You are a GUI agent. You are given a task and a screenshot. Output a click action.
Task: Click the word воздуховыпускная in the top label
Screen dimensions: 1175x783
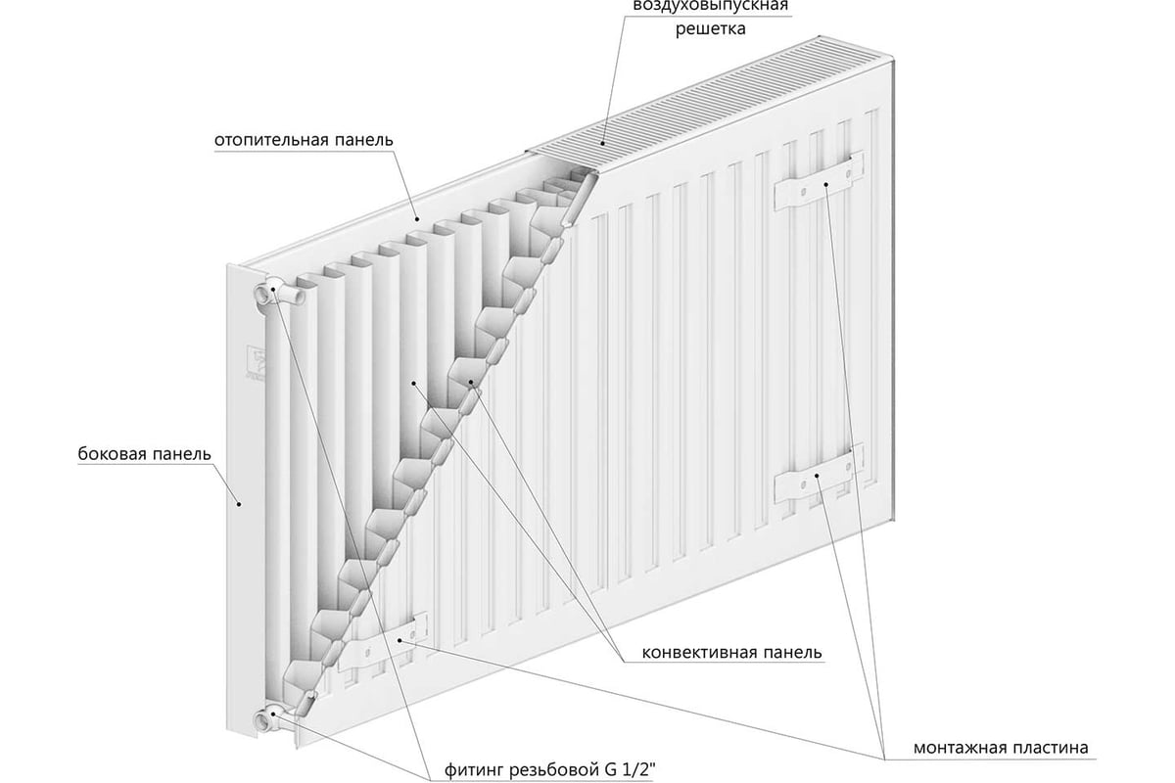point(711,5)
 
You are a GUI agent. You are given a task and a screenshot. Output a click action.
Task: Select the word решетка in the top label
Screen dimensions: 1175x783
point(710,28)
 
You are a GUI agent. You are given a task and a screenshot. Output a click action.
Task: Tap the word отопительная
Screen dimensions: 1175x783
point(272,140)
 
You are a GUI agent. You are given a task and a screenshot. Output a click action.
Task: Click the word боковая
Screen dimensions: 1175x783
point(111,453)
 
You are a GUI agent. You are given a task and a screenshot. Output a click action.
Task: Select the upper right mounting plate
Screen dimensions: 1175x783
point(819,181)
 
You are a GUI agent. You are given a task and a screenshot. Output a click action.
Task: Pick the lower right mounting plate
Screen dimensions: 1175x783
point(819,475)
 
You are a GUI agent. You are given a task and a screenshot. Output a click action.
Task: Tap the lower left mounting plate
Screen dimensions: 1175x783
point(383,643)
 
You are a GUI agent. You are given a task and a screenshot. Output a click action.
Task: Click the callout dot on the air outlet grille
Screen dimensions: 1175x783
point(603,143)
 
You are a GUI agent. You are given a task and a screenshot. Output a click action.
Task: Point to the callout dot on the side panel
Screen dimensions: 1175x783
point(239,504)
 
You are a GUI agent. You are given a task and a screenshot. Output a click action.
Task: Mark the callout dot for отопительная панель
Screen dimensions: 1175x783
point(417,218)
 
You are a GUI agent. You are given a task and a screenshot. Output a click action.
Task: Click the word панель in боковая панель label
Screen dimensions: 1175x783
point(181,453)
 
